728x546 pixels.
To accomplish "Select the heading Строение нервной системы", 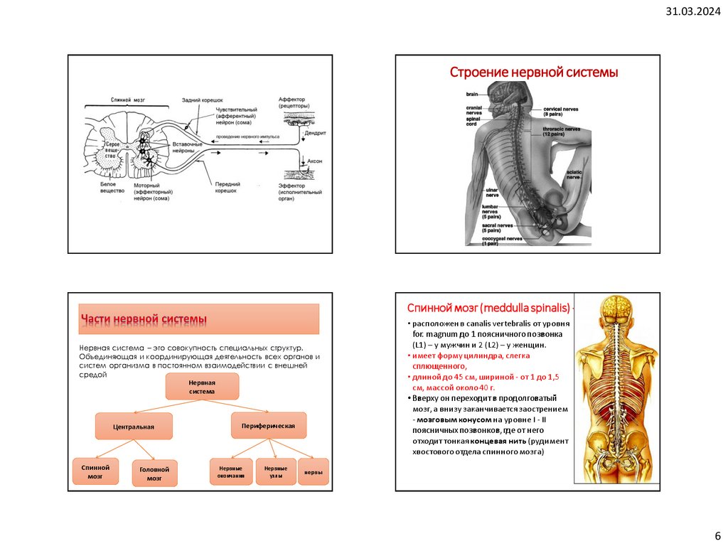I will [x=533, y=73].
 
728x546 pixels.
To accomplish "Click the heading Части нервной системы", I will [x=144, y=320].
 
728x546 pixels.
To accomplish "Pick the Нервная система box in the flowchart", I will [x=202, y=387].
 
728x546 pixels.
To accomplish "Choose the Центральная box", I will [x=134, y=427].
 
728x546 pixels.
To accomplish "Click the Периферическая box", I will [x=269, y=425].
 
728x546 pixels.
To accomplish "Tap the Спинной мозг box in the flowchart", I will [x=95, y=472].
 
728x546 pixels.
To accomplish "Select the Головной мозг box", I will [x=154, y=473].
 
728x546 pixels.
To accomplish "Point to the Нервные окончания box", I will [x=231, y=472].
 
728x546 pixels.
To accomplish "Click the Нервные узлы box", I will [x=276, y=472].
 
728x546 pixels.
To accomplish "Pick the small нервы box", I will [x=313, y=472].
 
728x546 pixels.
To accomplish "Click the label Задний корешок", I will [x=202, y=101].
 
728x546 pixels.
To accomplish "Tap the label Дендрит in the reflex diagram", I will [x=314, y=133].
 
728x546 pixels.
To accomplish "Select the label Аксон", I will [x=314, y=161].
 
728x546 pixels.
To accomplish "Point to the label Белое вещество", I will [x=112, y=188].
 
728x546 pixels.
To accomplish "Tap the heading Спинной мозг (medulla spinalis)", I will [x=488, y=308].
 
